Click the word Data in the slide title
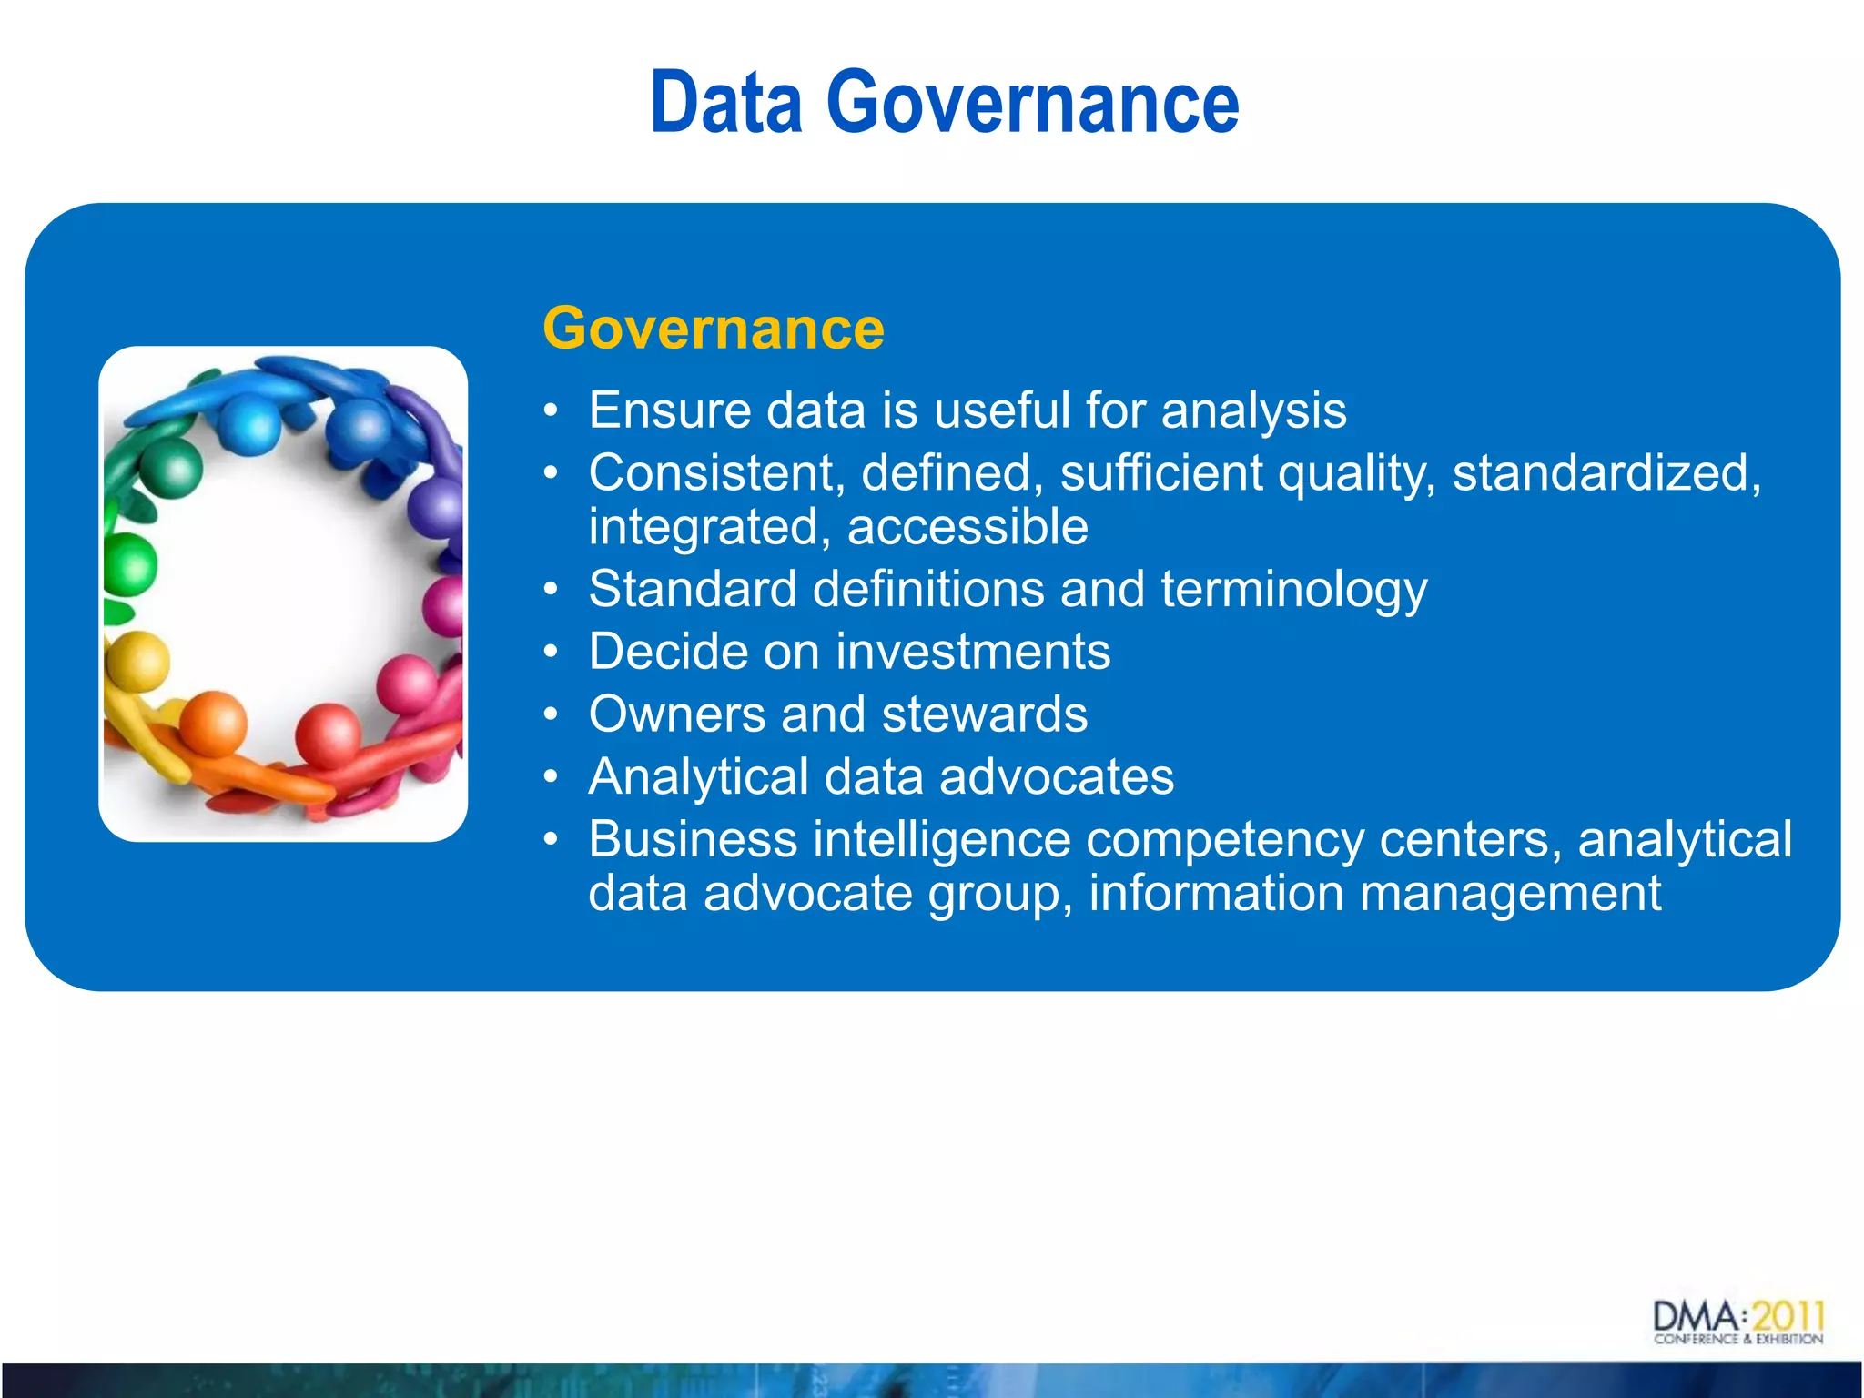[725, 103]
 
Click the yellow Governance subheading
[713, 328]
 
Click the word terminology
[1293, 589]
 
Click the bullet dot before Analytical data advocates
[550, 777]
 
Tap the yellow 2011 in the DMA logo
[1788, 1316]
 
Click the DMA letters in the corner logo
[1696, 1317]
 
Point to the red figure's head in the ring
[329, 734]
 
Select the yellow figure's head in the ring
[138, 662]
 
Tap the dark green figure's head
[171, 468]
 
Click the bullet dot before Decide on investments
[550, 653]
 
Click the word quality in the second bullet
[1356, 472]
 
